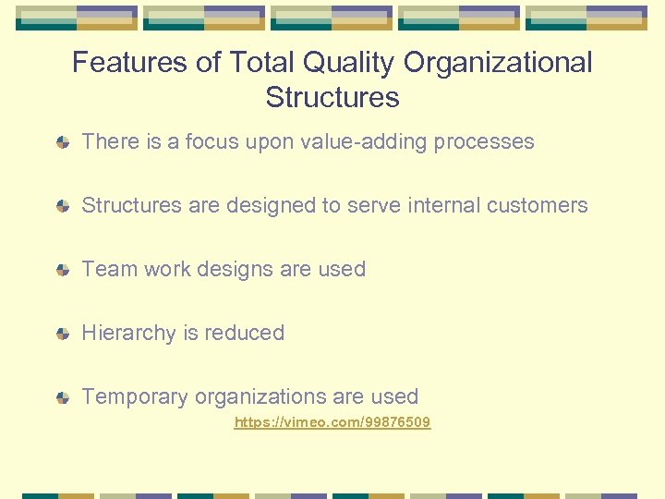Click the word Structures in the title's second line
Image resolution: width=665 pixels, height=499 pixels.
click(x=332, y=97)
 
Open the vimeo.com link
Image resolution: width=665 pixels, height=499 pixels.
click(x=332, y=422)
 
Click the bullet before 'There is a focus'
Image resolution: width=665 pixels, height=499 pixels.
click(x=62, y=142)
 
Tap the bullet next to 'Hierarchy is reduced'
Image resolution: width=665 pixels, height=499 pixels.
click(x=62, y=334)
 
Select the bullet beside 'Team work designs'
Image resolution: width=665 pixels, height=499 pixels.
click(x=62, y=270)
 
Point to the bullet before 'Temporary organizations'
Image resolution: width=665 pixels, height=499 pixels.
click(x=62, y=397)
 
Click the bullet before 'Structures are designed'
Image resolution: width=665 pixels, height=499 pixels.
click(x=62, y=206)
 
